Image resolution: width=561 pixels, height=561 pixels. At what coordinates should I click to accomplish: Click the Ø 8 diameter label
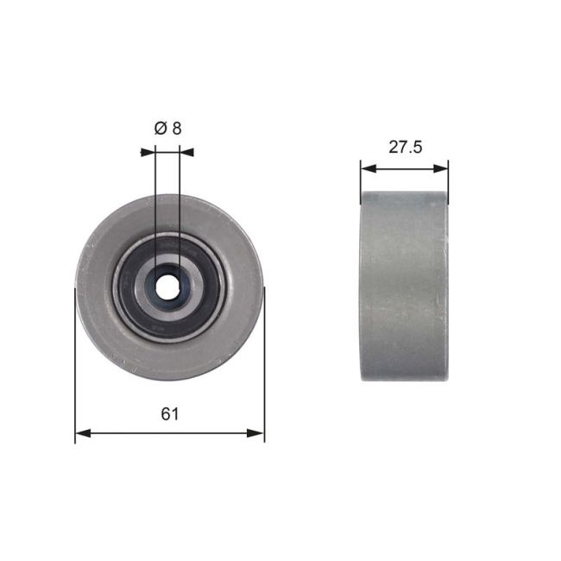pos(167,128)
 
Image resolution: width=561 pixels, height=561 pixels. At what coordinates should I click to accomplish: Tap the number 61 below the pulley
pos(170,414)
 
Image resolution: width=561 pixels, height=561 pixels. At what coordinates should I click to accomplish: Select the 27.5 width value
pos(405,147)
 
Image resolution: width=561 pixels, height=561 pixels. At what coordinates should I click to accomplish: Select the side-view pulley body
pos(405,286)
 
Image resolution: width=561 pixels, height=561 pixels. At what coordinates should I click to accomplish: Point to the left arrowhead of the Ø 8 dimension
pos(148,152)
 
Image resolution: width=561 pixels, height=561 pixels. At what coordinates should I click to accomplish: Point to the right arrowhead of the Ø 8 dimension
pos(186,152)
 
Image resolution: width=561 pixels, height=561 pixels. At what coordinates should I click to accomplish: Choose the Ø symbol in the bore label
pos(160,128)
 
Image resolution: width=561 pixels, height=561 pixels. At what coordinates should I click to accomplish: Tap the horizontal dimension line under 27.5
pos(405,168)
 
